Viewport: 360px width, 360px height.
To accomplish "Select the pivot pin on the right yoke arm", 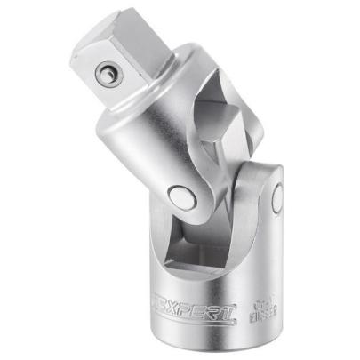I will pos(277,195).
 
